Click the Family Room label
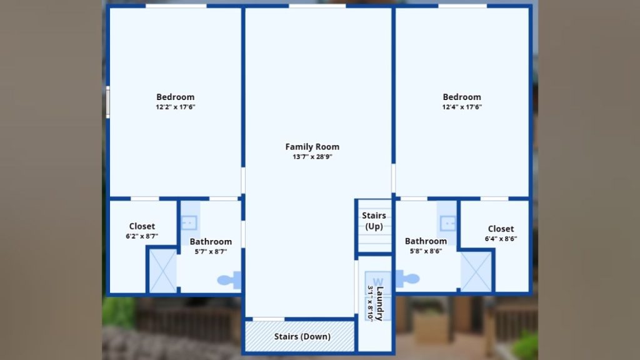[x=312, y=146]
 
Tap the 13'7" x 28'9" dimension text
[x=312, y=157]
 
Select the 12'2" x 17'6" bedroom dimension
[x=176, y=107]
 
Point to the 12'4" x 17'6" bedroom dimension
[x=462, y=107]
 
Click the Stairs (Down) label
[x=302, y=336]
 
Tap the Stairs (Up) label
[x=374, y=221]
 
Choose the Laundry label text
[x=380, y=304]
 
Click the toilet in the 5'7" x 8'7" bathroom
[x=229, y=280]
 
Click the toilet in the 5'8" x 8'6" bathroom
[x=407, y=279]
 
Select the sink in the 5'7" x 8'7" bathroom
[x=189, y=223]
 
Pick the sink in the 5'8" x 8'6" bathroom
[x=447, y=223]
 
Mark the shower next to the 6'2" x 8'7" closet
[x=163, y=271]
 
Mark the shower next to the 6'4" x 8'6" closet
[x=476, y=271]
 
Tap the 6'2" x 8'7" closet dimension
[x=142, y=236]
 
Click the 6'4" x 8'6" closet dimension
[x=501, y=239]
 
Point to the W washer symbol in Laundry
[x=378, y=282]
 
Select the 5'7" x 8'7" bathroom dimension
[x=211, y=252]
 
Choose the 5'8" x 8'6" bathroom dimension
[x=426, y=251]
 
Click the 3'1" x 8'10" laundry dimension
[x=370, y=302]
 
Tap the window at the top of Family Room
[x=317, y=6]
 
